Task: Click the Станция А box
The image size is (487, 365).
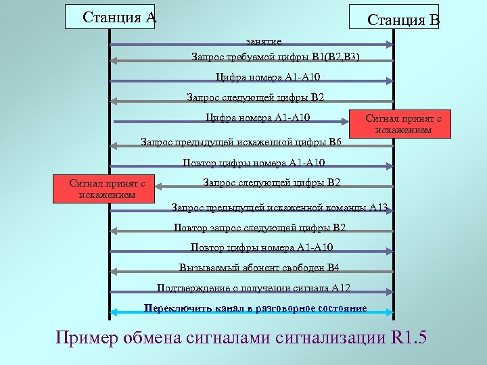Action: click(x=116, y=17)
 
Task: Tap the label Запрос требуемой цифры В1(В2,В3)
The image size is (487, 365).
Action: click(x=276, y=56)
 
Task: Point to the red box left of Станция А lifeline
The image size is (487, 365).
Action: click(x=103, y=189)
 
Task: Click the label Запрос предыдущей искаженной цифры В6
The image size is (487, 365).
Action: click(x=241, y=142)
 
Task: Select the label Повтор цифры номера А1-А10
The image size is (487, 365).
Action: click(x=254, y=162)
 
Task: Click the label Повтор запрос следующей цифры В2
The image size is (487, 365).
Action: click(x=259, y=227)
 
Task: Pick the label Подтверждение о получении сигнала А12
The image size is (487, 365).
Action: click(x=254, y=287)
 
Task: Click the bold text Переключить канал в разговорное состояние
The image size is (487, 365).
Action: click(x=256, y=308)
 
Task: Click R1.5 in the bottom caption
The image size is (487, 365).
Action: click(x=409, y=337)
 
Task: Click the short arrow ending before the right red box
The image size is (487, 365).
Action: click(x=230, y=122)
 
